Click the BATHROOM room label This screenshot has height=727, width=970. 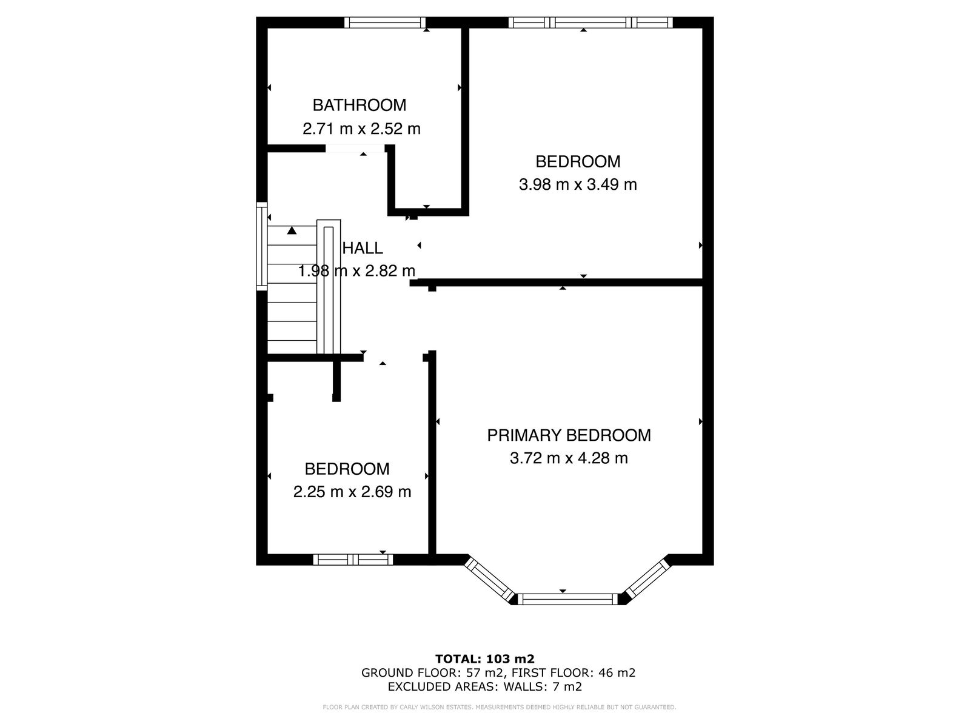tap(360, 105)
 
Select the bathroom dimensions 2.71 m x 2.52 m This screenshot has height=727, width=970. tap(361, 129)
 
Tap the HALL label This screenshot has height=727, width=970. tap(363, 249)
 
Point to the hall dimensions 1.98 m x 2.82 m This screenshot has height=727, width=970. tap(356, 271)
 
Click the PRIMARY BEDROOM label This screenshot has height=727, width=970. tap(569, 435)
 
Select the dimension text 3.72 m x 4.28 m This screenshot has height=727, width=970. tap(569, 458)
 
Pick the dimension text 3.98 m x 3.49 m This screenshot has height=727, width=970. tap(578, 184)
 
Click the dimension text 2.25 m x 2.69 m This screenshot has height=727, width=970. tap(352, 492)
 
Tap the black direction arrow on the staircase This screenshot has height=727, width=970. tap(292, 230)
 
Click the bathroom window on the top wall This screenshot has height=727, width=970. tap(385, 22)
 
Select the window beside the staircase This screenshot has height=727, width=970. tap(262, 246)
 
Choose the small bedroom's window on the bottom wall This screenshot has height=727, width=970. tap(353, 560)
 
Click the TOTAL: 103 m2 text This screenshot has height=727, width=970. tap(485, 659)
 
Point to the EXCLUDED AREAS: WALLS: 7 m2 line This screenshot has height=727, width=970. tap(485, 686)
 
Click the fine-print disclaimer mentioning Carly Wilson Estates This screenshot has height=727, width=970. tap(500, 708)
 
